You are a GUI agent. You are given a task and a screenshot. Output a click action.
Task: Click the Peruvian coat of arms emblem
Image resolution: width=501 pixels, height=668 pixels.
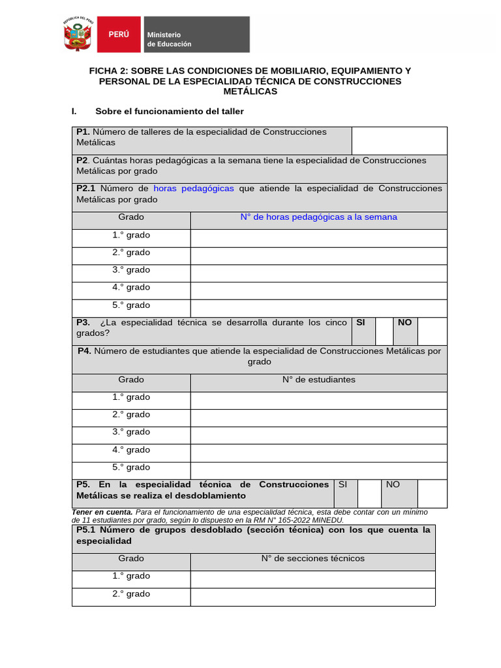click(x=78, y=35)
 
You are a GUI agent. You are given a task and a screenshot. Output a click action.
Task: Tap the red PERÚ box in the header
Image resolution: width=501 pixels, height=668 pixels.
click(x=118, y=35)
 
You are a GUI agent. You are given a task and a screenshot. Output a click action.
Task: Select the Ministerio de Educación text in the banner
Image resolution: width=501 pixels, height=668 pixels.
click(x=169, y=39)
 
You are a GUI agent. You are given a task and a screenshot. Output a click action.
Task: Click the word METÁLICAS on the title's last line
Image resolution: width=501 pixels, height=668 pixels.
click(x=250, y=91)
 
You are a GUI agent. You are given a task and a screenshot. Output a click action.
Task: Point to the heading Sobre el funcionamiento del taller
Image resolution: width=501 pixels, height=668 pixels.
click(x=170, y=112)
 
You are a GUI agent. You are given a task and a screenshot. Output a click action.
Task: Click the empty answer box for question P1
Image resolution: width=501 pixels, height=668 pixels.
click(x=399, y=140)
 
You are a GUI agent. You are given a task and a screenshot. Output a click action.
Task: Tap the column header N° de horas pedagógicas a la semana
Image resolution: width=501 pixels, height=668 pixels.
click(x=318, y=217)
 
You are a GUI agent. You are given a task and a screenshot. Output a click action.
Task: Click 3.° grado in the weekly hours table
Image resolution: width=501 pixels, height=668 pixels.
click(x=131, y=270)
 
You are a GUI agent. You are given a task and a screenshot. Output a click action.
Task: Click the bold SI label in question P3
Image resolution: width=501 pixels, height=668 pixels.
click(x=361, y=322)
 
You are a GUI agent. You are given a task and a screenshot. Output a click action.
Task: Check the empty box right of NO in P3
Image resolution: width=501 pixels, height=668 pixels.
click(x=432, y=331)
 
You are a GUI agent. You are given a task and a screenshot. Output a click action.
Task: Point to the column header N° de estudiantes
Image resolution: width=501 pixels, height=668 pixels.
click(x=318, y=380)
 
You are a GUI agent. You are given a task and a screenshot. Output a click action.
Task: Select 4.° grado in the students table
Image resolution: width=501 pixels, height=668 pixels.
click(x=131, y=449)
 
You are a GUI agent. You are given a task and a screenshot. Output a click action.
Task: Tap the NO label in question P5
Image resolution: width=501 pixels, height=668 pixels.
click(x=393, y=485)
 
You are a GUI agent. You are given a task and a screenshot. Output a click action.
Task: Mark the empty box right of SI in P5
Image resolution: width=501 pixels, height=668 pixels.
click(x=369, y=493)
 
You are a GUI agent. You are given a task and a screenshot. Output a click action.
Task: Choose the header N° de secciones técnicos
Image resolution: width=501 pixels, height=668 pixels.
click(x=313, y=558)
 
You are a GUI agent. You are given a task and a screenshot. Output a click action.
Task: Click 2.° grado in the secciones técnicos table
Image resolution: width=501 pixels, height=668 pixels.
click(x=131, y=594)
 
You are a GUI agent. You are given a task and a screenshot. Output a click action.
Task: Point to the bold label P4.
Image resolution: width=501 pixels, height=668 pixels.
click(x=84, y=351)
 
